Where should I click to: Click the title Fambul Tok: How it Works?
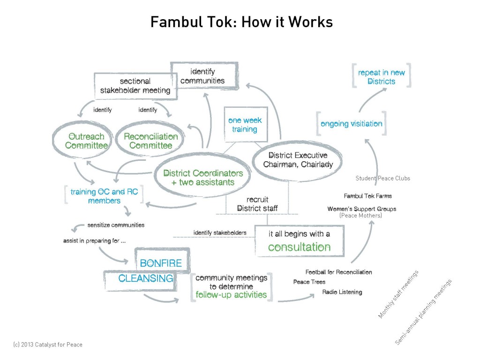tap(241, 22)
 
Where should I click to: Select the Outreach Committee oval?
tap(86, 141)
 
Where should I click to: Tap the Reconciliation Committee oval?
tap(150, 141)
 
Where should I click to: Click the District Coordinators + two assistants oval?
tap(203, 178)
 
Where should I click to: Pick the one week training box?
tap(245, 125)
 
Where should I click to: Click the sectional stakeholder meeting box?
tap(135, 86)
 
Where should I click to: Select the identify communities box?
tap(202, 76)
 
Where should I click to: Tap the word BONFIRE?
tap(161, 263)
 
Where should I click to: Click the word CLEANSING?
tap(146, 278)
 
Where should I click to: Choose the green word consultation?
tap(299, 247)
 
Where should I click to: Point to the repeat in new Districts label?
tap(381, 77)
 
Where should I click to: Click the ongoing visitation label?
tap(351, 124)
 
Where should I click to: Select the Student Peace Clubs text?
tap(383, 178)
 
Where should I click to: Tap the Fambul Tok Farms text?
tap(367, 196)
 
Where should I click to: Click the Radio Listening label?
tap(342, 292)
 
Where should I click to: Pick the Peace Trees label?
tap(309, 282)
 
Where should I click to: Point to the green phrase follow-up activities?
tap(232, 295)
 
